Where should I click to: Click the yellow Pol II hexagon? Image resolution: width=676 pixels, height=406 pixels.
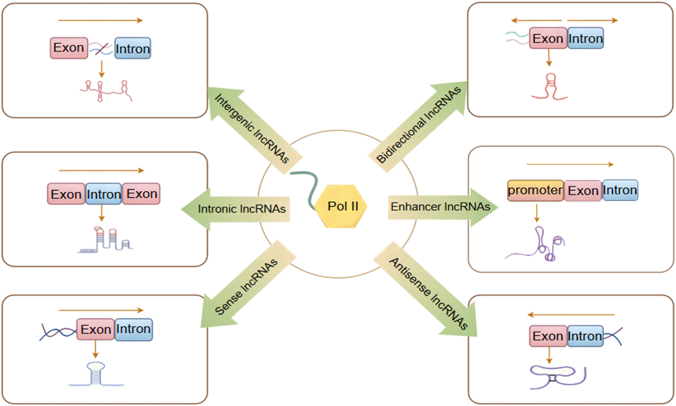point(342,206)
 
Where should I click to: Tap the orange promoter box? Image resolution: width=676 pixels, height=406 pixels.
point(535,190)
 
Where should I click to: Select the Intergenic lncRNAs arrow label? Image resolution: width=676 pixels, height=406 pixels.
point(252,129)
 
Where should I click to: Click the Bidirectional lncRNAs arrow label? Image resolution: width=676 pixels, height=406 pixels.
point(418,125)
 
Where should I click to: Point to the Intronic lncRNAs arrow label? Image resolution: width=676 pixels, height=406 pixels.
point(241,209)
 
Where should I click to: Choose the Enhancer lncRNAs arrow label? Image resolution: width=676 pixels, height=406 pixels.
point(440,207)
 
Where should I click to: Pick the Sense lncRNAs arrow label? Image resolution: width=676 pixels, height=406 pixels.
point(246,287)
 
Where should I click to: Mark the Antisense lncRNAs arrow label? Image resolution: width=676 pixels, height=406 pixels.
point(428,293)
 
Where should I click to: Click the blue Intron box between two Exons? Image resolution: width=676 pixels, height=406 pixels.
point(103,194)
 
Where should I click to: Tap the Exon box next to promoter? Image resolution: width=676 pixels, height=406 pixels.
point(583,191)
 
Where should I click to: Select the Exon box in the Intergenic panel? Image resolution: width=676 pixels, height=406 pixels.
point(69,48)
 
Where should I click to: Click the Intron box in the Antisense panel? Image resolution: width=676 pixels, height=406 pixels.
point(585,336)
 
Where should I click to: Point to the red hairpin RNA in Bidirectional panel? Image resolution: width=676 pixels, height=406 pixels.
point(549,87)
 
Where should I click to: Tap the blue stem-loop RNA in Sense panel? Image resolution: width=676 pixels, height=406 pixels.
point(96,374)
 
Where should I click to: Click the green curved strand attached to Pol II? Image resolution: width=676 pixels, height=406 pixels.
point(307,187)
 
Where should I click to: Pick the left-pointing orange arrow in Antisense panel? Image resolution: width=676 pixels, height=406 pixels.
point(571,315)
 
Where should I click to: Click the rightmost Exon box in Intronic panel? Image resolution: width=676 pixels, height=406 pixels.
point(142,194)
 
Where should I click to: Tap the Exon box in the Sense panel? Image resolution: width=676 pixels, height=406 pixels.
point(95,329)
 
